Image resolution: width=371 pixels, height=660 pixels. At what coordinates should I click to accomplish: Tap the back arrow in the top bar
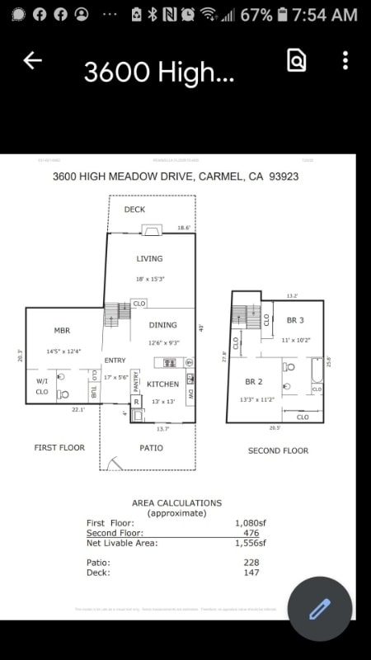pos(32,60)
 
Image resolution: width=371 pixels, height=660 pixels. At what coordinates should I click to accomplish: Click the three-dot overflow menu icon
pos(345,60)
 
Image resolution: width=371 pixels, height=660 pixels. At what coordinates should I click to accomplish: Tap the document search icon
pos(297,60)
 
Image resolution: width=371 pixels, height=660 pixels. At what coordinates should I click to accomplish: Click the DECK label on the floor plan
pos(134,210)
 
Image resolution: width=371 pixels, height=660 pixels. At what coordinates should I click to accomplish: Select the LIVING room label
pos(150,259)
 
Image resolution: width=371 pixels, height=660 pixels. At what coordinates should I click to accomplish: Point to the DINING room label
pos(163,325)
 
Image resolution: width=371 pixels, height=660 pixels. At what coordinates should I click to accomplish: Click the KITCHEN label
pos(163,384)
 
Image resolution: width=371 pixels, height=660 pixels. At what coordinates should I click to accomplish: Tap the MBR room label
pos(62,331)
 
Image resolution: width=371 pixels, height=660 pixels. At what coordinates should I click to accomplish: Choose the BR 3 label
pos(295,320)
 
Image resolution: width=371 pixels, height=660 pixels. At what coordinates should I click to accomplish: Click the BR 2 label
pos(254,382)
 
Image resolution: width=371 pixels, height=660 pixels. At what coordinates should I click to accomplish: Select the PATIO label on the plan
pos(151,448)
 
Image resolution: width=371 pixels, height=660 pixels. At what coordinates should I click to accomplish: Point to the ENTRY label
pos(115,361)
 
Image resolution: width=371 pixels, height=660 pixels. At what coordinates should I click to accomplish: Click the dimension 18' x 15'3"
pos(151,280)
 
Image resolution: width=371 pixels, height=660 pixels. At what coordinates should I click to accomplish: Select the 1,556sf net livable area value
pos(250,543)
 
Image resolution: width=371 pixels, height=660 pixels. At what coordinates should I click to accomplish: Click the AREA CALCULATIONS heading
pos(176,502)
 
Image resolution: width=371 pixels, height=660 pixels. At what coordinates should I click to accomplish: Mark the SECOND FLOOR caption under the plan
pos(278,450)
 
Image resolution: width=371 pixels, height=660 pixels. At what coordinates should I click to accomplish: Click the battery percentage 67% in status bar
pos(256,15)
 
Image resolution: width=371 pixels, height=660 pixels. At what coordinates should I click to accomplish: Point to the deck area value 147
pos(251,573)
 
